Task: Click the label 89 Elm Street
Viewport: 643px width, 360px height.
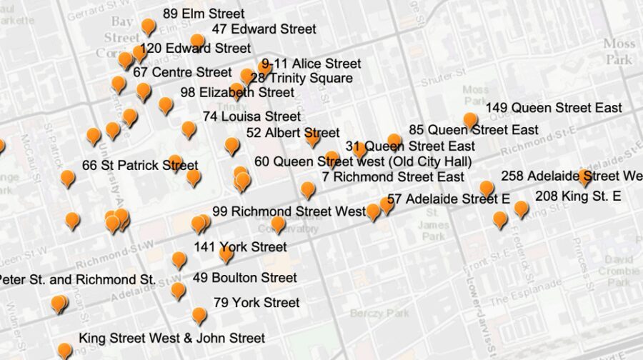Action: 204,14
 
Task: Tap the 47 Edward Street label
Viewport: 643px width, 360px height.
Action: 264,29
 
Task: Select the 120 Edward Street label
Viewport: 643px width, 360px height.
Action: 195,49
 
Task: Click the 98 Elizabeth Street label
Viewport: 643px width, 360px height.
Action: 237,92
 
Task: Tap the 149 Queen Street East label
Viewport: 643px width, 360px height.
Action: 554,108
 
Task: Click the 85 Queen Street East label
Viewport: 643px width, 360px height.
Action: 474,130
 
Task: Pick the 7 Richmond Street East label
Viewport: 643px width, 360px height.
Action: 393,176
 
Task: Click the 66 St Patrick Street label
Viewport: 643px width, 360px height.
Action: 140,165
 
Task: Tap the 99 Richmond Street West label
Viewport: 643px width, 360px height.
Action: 289,211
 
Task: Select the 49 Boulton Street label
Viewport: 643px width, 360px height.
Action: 244,277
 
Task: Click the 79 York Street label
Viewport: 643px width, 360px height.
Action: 256,303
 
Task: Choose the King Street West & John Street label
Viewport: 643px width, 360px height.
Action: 171,338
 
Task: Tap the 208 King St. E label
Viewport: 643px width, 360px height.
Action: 578,196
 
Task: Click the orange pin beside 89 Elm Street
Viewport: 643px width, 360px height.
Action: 148,26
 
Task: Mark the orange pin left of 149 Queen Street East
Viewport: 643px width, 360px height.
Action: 470,120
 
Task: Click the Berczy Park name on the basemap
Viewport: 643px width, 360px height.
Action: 379,314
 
